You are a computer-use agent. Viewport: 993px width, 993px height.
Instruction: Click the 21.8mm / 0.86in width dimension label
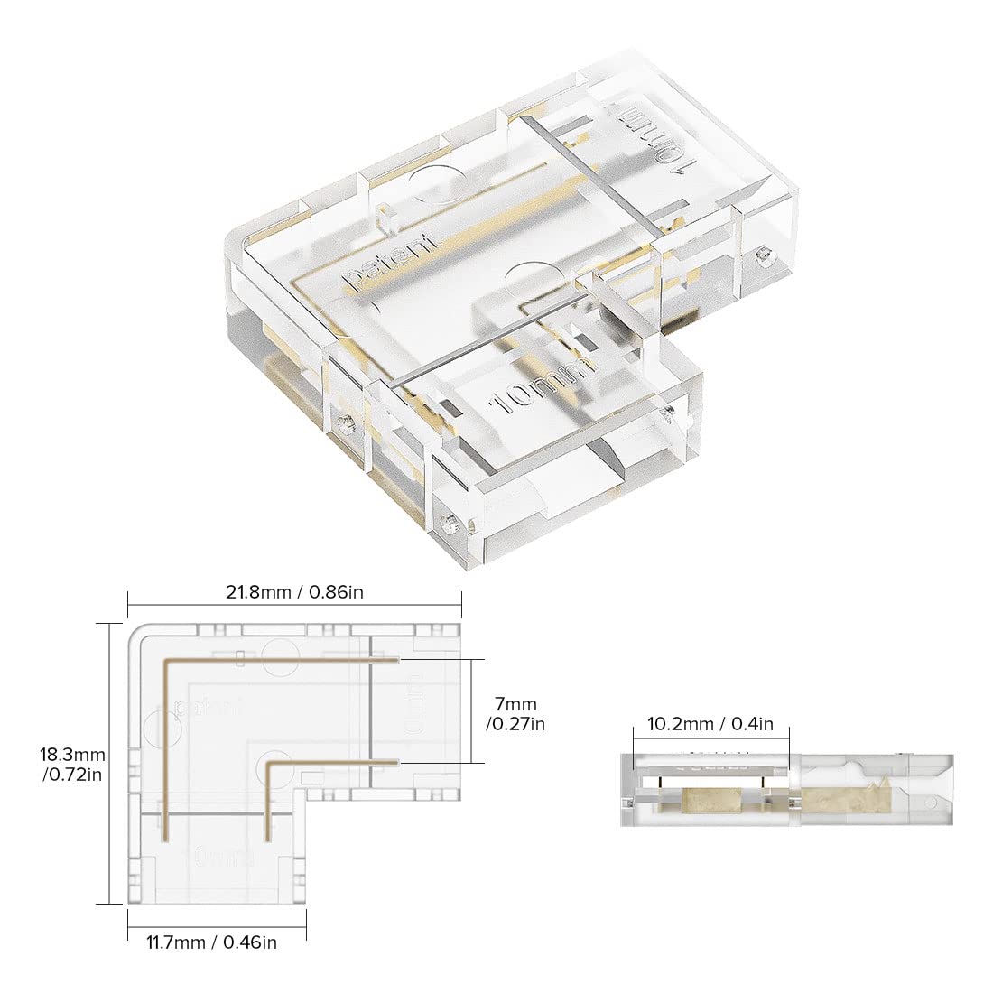click(294, 592)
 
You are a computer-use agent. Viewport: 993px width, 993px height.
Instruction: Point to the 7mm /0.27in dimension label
click(514, 713)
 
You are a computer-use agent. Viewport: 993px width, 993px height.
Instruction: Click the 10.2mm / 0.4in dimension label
click(710, 723)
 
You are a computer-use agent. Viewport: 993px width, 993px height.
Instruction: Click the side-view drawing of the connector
click(785, 790)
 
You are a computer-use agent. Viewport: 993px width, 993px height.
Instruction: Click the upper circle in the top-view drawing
click(284, 654)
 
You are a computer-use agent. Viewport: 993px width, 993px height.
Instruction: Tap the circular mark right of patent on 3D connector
click(527, 280)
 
